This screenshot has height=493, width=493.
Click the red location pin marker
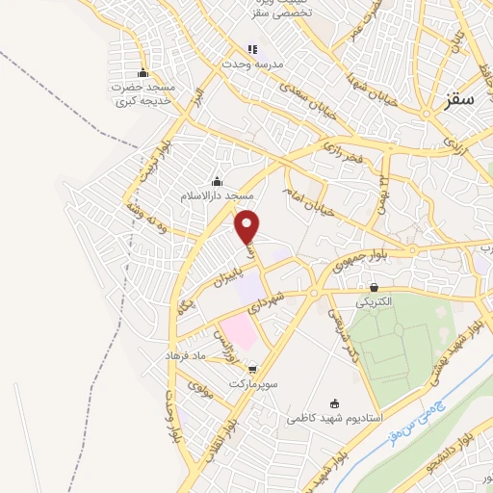click(248, 226)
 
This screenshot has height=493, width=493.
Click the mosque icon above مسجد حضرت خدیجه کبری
click(143, 73)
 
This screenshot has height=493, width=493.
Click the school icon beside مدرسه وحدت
click(252, 49)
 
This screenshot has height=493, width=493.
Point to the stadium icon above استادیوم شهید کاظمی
click(335, 403)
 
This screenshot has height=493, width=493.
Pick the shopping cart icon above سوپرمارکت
click(253, 369)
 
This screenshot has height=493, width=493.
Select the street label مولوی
click(201, 390)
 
